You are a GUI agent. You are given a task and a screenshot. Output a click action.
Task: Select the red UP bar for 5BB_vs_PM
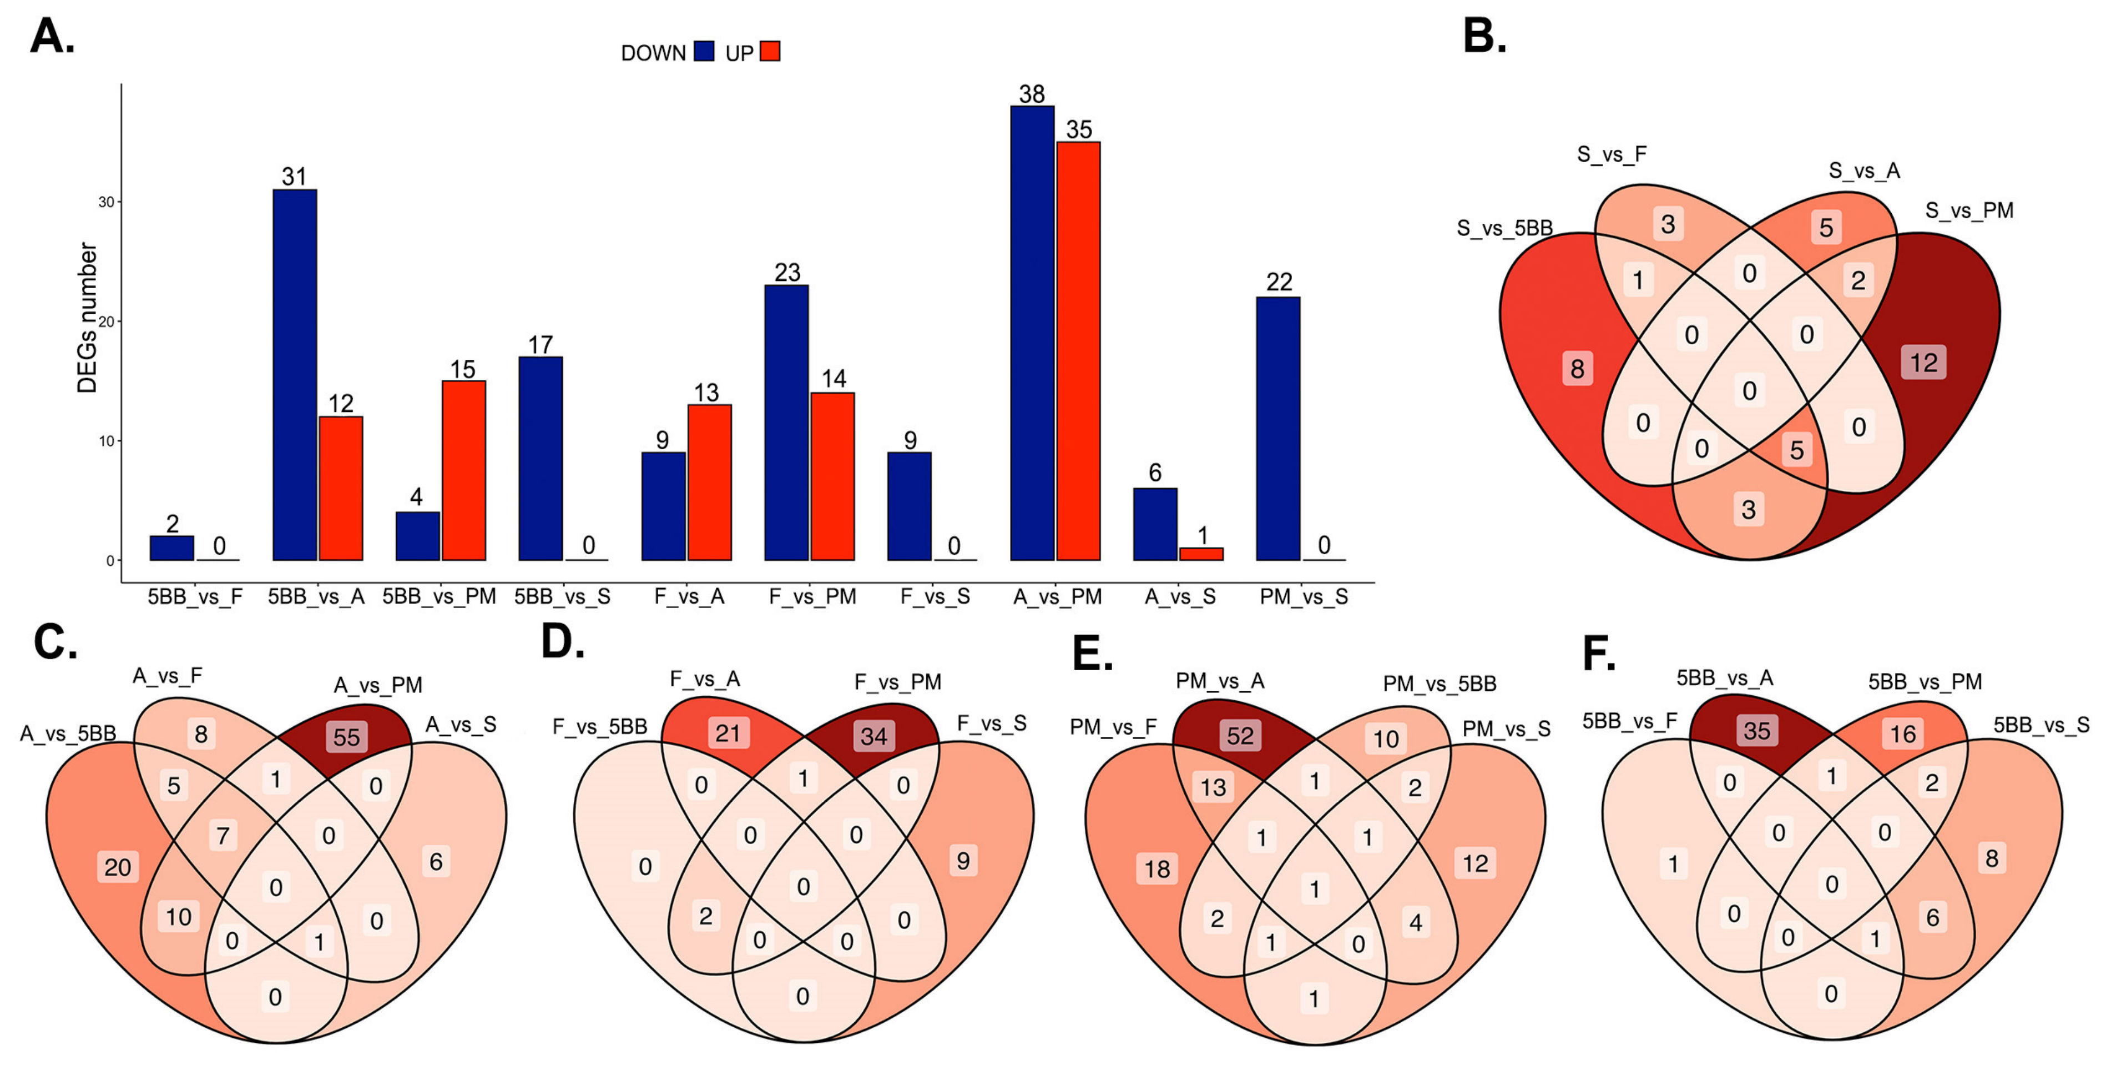[463, 470]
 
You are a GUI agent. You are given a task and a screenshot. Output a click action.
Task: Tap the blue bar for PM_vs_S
[1278, 429]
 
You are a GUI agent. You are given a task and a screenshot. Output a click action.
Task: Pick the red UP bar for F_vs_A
[710, 483]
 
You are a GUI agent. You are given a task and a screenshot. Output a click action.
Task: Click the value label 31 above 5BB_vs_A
[294, 176]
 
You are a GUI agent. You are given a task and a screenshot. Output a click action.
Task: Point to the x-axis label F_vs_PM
[812, 596]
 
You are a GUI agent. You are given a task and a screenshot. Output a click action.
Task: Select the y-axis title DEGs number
[88, 318]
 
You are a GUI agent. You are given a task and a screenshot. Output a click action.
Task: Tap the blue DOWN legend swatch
[704, 52]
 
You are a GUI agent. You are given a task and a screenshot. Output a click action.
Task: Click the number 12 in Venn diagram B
[1923, 363]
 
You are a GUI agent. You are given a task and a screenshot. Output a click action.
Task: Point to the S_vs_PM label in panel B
[1969, 210]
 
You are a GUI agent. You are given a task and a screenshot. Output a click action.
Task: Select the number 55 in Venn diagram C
[347, 737]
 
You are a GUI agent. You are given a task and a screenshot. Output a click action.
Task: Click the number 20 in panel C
[118, 867]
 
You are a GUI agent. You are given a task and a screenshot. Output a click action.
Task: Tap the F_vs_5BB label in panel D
[600, 726]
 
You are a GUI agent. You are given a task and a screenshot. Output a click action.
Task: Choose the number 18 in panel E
[1157, 868]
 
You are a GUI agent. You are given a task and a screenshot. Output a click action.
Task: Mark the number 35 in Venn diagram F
[1757, 730]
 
